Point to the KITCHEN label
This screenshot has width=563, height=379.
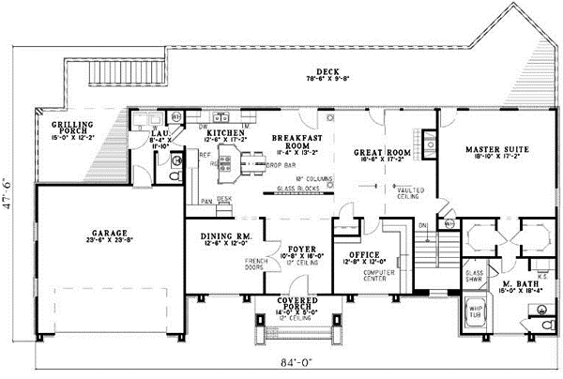coord(225,134)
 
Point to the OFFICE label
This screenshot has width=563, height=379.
coord(362,254)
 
